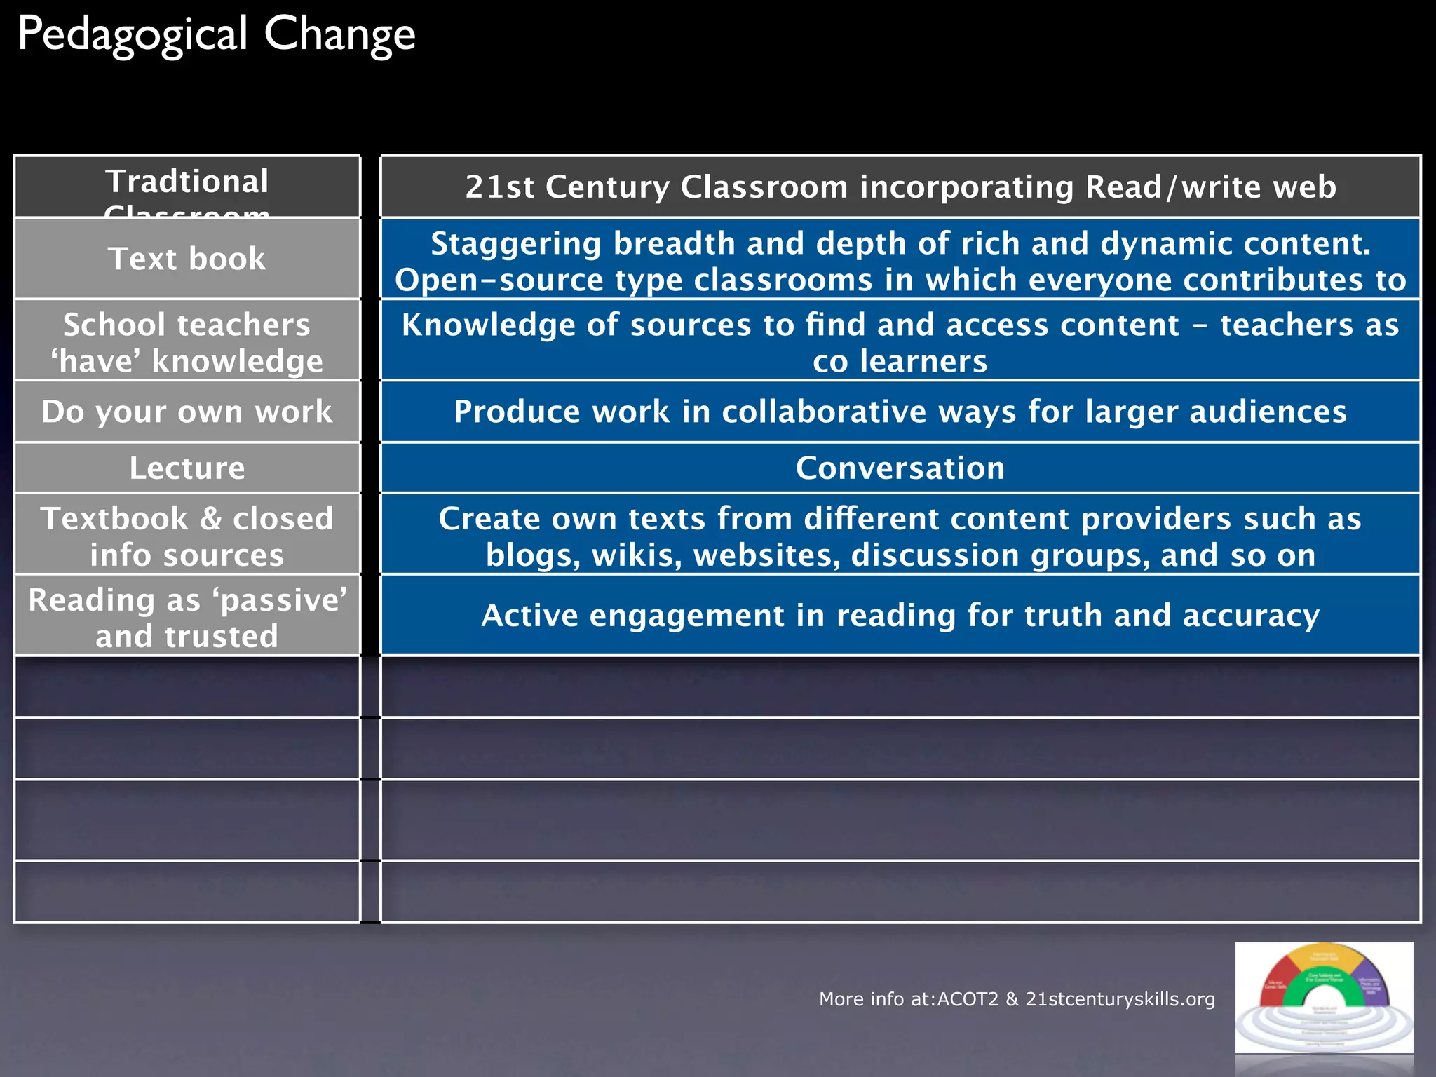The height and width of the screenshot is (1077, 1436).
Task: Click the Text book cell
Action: tap(187, 259)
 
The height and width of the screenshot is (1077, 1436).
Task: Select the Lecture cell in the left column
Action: tap(187, 468)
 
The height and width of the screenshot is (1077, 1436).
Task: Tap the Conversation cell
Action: tap(900, 468)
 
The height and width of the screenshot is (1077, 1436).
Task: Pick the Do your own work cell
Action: tap(187, 412)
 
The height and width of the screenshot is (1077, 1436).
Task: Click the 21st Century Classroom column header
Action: tap(900, 187)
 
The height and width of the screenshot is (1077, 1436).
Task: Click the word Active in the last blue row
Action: tap(529, 616)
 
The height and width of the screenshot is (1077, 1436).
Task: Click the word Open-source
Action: tap(499, 280)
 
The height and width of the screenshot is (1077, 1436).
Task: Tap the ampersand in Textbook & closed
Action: tap(210, 519)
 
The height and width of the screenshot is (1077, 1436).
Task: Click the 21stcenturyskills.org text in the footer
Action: tap(1120, 999)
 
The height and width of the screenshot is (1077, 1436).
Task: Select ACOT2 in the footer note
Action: tap(968, 999)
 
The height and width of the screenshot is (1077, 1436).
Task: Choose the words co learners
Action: tap(900, 362)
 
